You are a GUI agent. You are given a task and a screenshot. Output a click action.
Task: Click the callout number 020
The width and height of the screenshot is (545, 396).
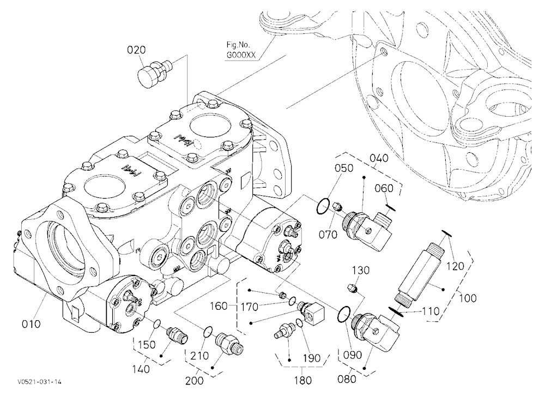[x=136, y=50]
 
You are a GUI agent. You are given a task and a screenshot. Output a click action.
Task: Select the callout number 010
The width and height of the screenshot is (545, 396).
[x=31, y=324]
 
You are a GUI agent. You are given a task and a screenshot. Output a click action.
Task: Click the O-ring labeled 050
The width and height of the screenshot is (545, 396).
[x=322, y=206]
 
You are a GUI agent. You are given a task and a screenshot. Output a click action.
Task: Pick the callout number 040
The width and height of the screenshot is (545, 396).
[x=379, y=158]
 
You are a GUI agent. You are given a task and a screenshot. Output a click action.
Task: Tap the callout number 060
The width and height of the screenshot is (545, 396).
[x=384, y=188]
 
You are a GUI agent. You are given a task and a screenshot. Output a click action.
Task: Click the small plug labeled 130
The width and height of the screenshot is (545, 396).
[x=353, y=289]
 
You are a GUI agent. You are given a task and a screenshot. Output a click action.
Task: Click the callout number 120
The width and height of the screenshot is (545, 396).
[x=455, y=266]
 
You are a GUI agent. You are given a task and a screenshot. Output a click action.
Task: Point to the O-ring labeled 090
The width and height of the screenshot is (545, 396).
[x=343, y=314]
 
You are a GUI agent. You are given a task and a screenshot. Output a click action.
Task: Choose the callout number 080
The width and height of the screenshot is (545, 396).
[x=347, y=379]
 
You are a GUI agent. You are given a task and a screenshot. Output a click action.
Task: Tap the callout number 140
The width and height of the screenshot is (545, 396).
[x=142, y=369]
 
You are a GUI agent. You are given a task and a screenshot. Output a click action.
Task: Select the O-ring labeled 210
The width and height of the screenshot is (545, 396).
[x=208, y=332]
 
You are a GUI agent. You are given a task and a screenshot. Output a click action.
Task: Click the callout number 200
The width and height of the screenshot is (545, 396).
[x=194, y=380]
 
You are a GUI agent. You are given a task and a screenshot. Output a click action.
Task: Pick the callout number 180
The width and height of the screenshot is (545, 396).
[x=302, y=380]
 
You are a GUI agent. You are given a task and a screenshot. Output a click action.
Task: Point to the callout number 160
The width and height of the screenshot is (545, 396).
[x=219, y=306]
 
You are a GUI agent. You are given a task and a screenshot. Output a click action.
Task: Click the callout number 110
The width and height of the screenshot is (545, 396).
[x=431, y=311]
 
